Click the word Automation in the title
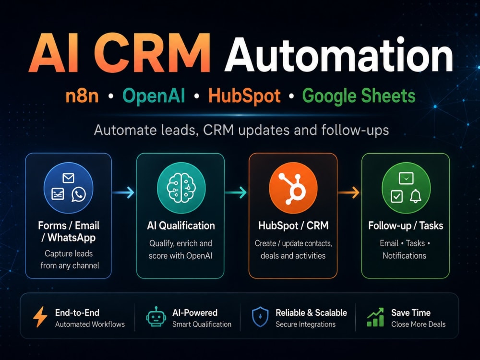pos(338,55)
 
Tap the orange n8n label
pos(82,96)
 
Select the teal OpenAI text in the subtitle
pos(154,96)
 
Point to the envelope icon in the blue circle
pos(68,178)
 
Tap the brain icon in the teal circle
pos(181,187)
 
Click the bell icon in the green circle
pos(415,196)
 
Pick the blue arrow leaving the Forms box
pos(123,192)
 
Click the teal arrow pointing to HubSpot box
pos(236,192)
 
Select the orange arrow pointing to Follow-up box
pos(348,192)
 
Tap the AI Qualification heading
pos(181,226)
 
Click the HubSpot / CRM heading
pos(293,226)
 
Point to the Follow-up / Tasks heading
pos(406,226)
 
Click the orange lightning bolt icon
pos(40,317)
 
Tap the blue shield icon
pos(260,317)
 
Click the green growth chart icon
pos(375,317)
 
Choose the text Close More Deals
pos(418,324)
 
